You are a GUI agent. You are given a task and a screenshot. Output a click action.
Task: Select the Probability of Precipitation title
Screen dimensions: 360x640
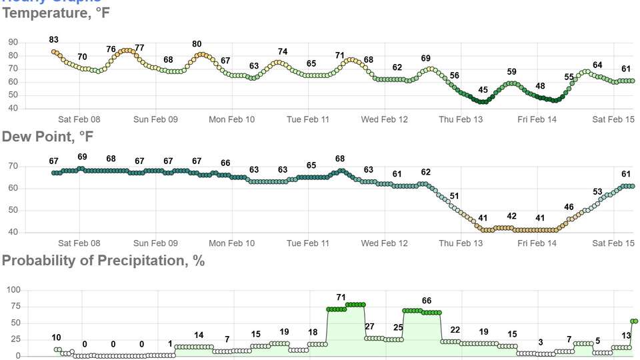(103, 261)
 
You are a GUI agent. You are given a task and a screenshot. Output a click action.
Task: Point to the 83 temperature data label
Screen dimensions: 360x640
(54, 40)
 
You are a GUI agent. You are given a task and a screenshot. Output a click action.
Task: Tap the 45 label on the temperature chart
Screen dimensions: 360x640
(483, 90)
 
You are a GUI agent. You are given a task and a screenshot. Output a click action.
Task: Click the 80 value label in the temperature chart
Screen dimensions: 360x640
(197, 45)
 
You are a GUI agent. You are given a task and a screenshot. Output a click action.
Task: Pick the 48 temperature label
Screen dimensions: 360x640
(540, 87)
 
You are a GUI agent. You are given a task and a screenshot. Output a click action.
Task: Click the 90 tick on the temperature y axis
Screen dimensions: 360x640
(13, 42)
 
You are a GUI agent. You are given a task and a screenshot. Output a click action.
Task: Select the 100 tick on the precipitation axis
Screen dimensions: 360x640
(13, 290)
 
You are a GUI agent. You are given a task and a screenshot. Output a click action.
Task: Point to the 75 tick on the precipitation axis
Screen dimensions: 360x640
(15, 307)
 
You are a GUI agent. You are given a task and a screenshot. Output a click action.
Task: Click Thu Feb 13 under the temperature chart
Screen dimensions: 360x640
(461, 120)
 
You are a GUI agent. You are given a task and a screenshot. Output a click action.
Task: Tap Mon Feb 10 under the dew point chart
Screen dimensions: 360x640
(231, 244)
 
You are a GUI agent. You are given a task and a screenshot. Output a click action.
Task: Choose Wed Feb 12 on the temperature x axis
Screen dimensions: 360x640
(385, 120)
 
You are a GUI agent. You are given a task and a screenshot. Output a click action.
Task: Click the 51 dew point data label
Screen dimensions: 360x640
(455, 196)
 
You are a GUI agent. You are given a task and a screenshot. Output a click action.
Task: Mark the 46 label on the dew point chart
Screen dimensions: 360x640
(569, 207)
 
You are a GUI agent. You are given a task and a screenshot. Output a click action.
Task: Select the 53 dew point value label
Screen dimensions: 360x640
(597, 192)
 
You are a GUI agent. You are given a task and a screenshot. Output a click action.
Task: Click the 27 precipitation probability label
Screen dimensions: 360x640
(369, 327)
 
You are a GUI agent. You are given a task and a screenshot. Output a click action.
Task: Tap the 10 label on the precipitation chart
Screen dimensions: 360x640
(56, 338)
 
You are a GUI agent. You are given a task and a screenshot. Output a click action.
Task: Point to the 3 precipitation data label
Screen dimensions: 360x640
(541, 343)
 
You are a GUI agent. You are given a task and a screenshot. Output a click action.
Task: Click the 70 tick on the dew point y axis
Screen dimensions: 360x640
(13, 166)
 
